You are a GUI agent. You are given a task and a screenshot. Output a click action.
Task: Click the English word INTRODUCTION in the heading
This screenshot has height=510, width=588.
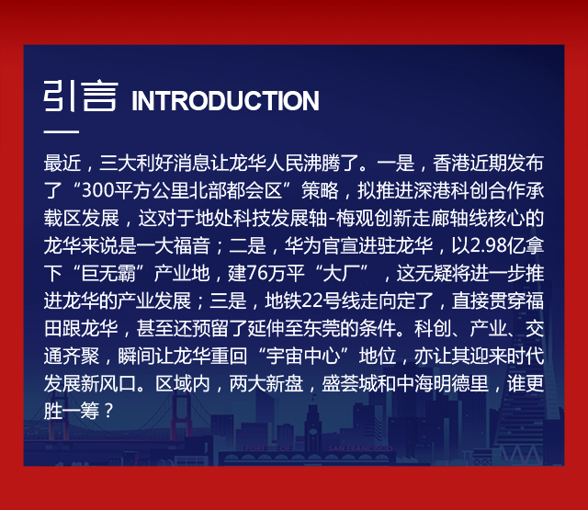pos(225,100)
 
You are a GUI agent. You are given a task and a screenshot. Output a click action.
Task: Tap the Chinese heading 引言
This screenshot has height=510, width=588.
pos(81,96)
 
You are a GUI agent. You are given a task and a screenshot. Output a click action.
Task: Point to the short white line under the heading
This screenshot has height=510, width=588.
pos(62,132)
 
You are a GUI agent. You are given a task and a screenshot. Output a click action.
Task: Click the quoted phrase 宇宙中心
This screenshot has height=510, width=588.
pos(302,356)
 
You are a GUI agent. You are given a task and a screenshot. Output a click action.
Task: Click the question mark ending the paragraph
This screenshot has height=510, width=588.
pos(108,411)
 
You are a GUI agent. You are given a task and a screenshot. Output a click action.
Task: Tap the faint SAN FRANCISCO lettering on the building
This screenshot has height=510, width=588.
pos(360,448)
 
